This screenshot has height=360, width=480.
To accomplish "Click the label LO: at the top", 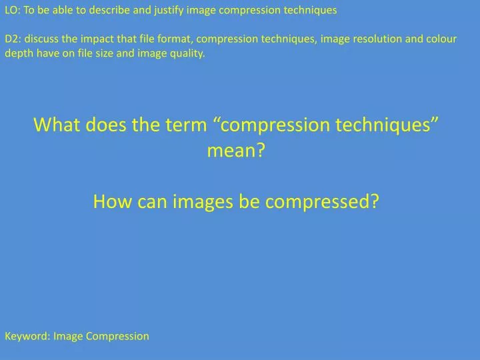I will point(13,10).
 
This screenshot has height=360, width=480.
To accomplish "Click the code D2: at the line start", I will point(13,38).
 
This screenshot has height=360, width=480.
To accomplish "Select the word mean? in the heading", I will point(236,151).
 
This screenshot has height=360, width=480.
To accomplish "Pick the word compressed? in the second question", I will point(322,201).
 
